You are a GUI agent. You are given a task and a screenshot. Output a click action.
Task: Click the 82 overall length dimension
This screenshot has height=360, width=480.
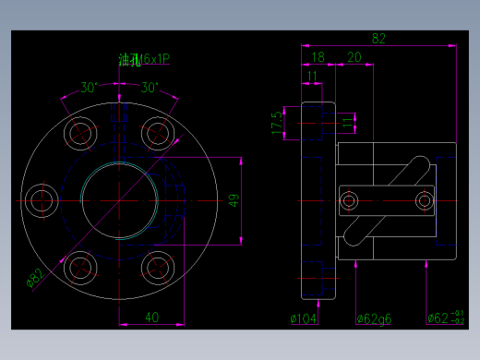[x=378, y=38]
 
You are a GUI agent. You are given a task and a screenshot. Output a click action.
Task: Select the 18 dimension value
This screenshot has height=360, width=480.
[x=318, y=57]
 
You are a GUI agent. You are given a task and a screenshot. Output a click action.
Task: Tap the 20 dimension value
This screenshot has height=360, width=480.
[x=354, y=57]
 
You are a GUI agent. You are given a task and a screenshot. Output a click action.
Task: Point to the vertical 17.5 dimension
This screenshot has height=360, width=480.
[x=276, y=123]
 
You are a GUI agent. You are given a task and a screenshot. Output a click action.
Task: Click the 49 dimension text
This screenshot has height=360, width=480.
[x=234, y=200]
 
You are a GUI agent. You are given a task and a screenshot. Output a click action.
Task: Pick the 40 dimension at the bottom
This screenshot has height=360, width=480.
[x=151, y=317]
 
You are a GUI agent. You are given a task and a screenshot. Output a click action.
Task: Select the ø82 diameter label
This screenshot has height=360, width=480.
[x=38, y=277]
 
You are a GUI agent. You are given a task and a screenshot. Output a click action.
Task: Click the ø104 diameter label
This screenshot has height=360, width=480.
[x=304, y=318]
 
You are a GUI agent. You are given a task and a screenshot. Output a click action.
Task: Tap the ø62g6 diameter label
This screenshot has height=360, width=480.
[x=374, y=318]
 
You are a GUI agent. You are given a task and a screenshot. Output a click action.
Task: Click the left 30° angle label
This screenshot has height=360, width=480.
[x=89, y=88]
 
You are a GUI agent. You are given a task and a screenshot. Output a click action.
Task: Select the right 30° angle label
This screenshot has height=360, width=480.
[x=150, y=88]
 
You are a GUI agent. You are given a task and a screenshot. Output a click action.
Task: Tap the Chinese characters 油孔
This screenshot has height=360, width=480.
[x=128, y=60]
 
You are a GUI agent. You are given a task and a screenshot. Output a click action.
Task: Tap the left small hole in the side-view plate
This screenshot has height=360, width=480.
[x=351, y=200]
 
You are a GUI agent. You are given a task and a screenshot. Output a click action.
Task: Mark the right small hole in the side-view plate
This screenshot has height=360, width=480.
[x=424, y=200]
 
